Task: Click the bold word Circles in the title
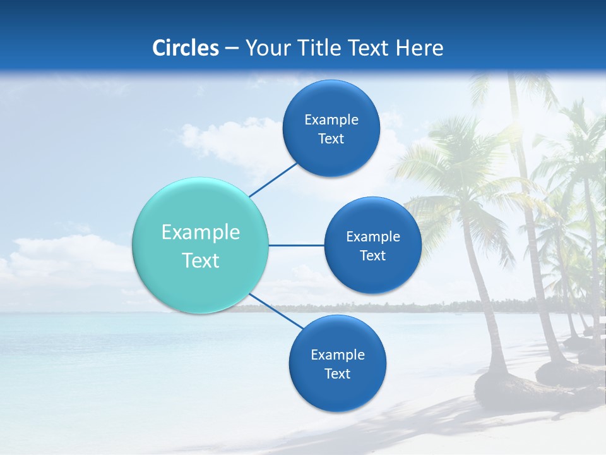185,48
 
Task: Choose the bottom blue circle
337,392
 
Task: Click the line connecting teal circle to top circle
273,179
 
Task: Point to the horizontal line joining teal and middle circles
297,245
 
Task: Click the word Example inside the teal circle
201,233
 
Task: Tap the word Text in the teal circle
201,260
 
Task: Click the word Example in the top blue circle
331,120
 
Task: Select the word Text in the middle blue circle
372,256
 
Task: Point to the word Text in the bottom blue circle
337,374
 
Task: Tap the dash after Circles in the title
232,48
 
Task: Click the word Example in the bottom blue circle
337,355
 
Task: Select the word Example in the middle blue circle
372,237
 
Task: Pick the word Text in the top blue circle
331,139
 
